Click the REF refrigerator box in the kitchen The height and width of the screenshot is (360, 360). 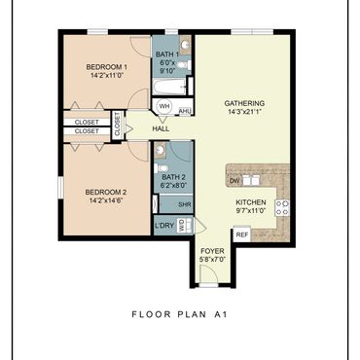[x=242, y=234]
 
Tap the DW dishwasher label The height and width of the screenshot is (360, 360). [x=234, y=181]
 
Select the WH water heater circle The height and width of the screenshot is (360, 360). [x=163, y=106]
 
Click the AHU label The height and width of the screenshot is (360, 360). [x=185, y=112]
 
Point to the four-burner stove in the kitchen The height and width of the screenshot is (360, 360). [x=282, y=208]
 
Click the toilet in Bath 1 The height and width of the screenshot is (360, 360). [x=184, y=65]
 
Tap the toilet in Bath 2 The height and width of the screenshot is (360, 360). [x=162, y=168]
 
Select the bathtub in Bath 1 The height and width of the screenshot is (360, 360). [x=169, y=87]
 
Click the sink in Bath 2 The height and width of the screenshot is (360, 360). [x=160, y=150]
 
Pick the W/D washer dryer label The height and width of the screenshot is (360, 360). [x=181, y=225]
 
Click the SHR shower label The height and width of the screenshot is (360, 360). [x=185, y=205]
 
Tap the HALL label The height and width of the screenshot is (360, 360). [x=161, y=128]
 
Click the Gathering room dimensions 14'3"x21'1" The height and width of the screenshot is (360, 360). [x=244, y=112]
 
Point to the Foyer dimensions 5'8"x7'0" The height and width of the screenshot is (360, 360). [x=212, y=260]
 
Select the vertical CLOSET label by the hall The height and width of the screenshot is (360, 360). [x=117, y=126]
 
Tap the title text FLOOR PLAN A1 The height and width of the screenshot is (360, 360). [x=180, y=314]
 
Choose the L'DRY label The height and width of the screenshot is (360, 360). [x=164, y=225]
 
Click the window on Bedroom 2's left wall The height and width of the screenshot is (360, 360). [x=60, y=187]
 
